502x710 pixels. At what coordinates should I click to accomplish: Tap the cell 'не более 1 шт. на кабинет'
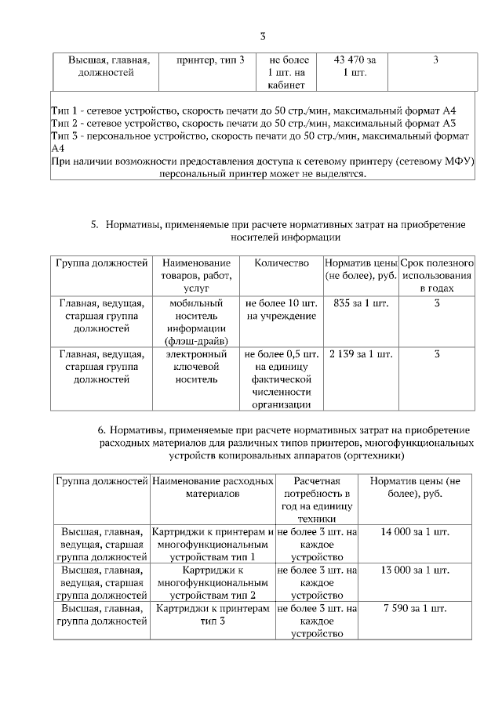tap(289, 73)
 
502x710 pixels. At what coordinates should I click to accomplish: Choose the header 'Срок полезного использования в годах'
tap(437, 276)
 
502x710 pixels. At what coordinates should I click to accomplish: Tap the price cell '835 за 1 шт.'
tap(360, 302)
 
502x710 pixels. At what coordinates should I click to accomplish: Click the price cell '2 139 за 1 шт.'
tap(360, 354)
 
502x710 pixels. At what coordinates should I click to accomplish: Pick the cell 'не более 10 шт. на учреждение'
tap(282, 309)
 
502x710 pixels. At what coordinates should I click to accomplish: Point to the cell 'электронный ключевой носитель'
tap(197, 367)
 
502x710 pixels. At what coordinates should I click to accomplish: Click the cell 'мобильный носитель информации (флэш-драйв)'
tap(197, 321)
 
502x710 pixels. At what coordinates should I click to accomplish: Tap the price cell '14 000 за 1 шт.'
tap(415, 532)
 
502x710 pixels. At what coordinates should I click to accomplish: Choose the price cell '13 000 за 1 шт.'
tap(415, 570)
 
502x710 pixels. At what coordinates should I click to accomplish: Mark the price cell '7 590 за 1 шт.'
tap(415, 608)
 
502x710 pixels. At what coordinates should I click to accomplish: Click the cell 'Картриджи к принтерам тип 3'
tap(212, 614)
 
